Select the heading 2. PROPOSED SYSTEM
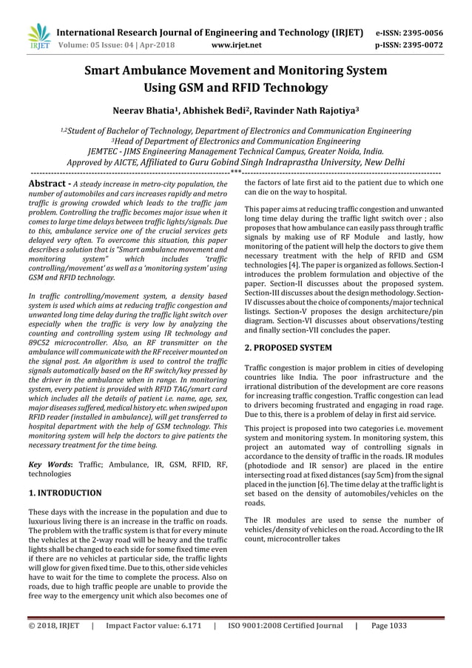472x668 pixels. (x=288, y=347)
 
